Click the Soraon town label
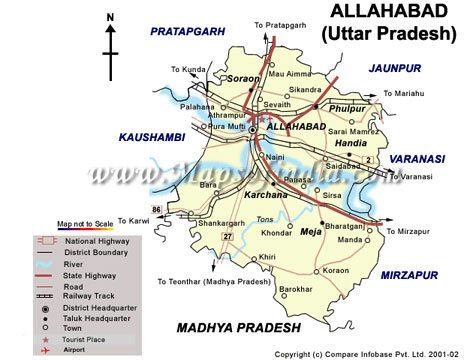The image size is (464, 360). [x=243, y=77]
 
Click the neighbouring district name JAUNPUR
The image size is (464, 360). [x=396, y=67]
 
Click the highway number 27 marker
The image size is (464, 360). [x=228, y=235]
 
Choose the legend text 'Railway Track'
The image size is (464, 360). [x=88, y=296]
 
